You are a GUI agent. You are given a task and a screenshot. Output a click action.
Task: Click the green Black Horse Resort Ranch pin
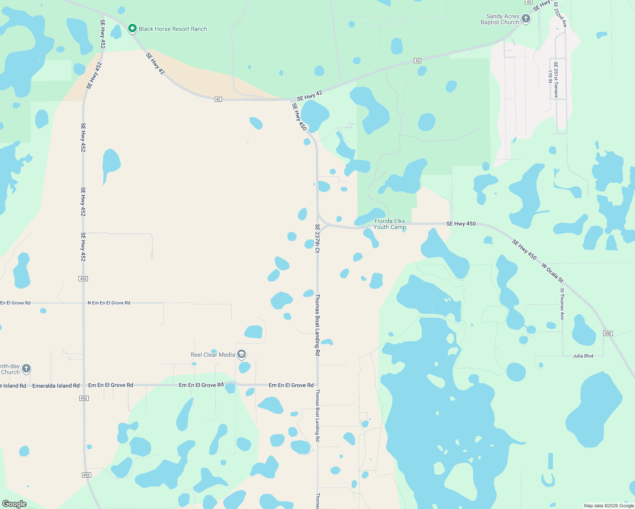click(x=132, y=28)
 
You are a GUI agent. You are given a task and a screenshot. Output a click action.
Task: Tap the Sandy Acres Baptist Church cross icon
click(x=526, y=19)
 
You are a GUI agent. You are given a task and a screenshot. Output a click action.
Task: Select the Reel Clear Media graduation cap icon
click(x=242, y=354)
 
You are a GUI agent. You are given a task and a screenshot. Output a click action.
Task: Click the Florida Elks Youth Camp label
click(x=390, y=224)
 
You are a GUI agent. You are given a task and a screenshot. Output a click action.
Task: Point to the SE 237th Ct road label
click(x=317, y=238)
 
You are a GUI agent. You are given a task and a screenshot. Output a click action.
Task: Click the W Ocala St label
click(x=552, y=273)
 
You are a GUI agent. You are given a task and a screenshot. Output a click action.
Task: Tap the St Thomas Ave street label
click(x=562, y=304)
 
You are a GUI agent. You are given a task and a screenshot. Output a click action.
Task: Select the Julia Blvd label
click(x=583, y=356)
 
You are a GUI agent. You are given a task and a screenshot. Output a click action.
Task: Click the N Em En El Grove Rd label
click(x=109, y=303)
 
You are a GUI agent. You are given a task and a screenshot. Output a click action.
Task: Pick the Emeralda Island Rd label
click(x=56, y=386)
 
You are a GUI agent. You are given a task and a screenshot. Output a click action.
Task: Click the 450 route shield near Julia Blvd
click(x=608, y=333)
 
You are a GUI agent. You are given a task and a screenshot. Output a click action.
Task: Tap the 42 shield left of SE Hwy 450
click(x=218, y=99)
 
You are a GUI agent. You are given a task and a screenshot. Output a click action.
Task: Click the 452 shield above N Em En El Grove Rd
click(x=83, y=279)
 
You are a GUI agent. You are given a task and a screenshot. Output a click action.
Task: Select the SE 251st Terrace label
click(x=556, y=80)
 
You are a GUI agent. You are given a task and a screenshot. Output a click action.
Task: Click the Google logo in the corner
click(x=14, y=504)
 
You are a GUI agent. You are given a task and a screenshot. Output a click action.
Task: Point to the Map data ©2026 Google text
click(x=609, y=506)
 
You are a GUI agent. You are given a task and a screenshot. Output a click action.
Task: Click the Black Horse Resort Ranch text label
click(x=173, y=29)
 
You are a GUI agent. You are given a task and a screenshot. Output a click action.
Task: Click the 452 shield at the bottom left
click(x=87, y=475)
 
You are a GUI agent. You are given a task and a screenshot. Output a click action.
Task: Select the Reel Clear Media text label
click(x=213, y=355)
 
